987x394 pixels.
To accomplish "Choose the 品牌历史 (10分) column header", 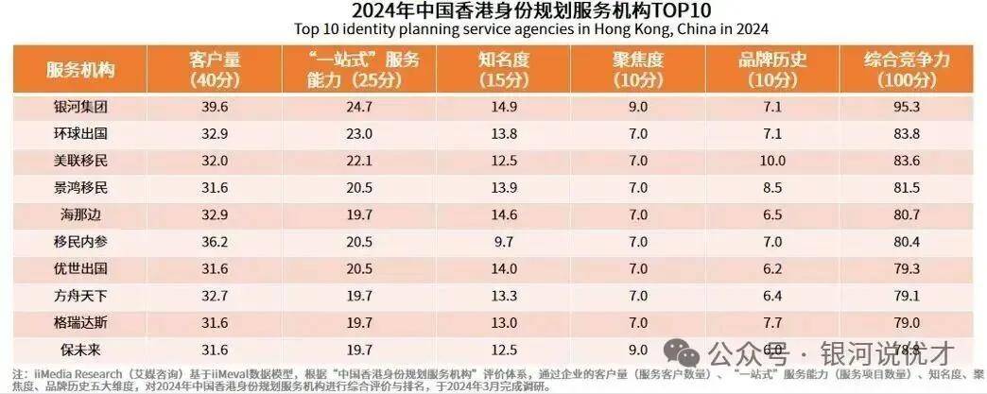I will (x=772, y=70).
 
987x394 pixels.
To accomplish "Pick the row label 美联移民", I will (x=82, y=160).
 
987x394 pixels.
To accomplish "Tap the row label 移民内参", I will (x=82, y=240).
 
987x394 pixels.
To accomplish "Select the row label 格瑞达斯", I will (x=82, y=320).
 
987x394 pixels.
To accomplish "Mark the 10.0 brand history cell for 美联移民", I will (x=772, y=160).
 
